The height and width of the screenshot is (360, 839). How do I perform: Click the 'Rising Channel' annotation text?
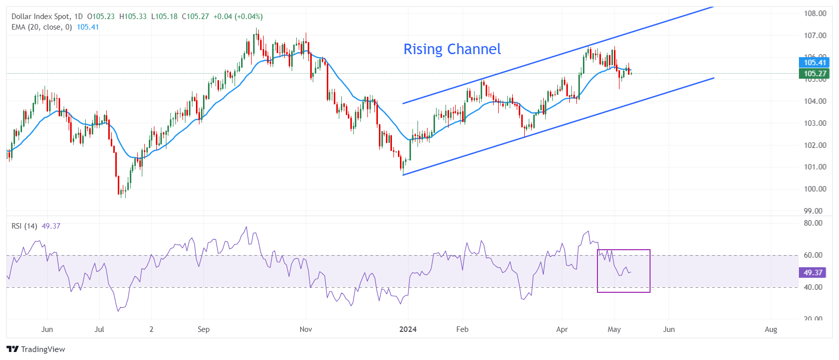coord(452,49)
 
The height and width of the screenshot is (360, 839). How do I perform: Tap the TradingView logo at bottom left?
coord(36,349)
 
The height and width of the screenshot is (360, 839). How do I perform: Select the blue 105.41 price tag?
coord(814,63)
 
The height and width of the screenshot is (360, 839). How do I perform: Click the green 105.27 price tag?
coord(814,74)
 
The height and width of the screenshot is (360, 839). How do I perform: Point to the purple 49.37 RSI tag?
coord(812,273)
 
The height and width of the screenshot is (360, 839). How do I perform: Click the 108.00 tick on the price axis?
coord(815,14)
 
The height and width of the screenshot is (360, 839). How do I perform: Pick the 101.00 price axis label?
coord(815,167)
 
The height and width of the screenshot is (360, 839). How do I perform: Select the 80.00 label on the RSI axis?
coord(813,223)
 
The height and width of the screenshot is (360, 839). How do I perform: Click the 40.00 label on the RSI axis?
coord(813,287)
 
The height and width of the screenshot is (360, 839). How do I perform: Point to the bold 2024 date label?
coord(408,329)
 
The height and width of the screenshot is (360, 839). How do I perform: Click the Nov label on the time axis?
coord(306,329)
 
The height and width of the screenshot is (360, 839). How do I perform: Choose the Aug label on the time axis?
coord(771,329)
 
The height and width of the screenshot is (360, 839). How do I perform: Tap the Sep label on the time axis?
coord(203,329)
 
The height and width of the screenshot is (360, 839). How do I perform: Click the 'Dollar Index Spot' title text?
coord(40,17)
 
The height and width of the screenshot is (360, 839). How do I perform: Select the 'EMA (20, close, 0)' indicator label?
coord(42,27)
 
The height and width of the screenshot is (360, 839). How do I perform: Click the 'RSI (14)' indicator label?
coord(24,226)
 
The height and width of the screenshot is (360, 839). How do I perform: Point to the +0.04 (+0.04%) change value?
coord(238,17)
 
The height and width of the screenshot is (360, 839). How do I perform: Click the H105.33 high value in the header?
coord(133,17)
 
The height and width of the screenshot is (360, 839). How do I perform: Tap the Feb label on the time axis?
coord(462,329)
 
